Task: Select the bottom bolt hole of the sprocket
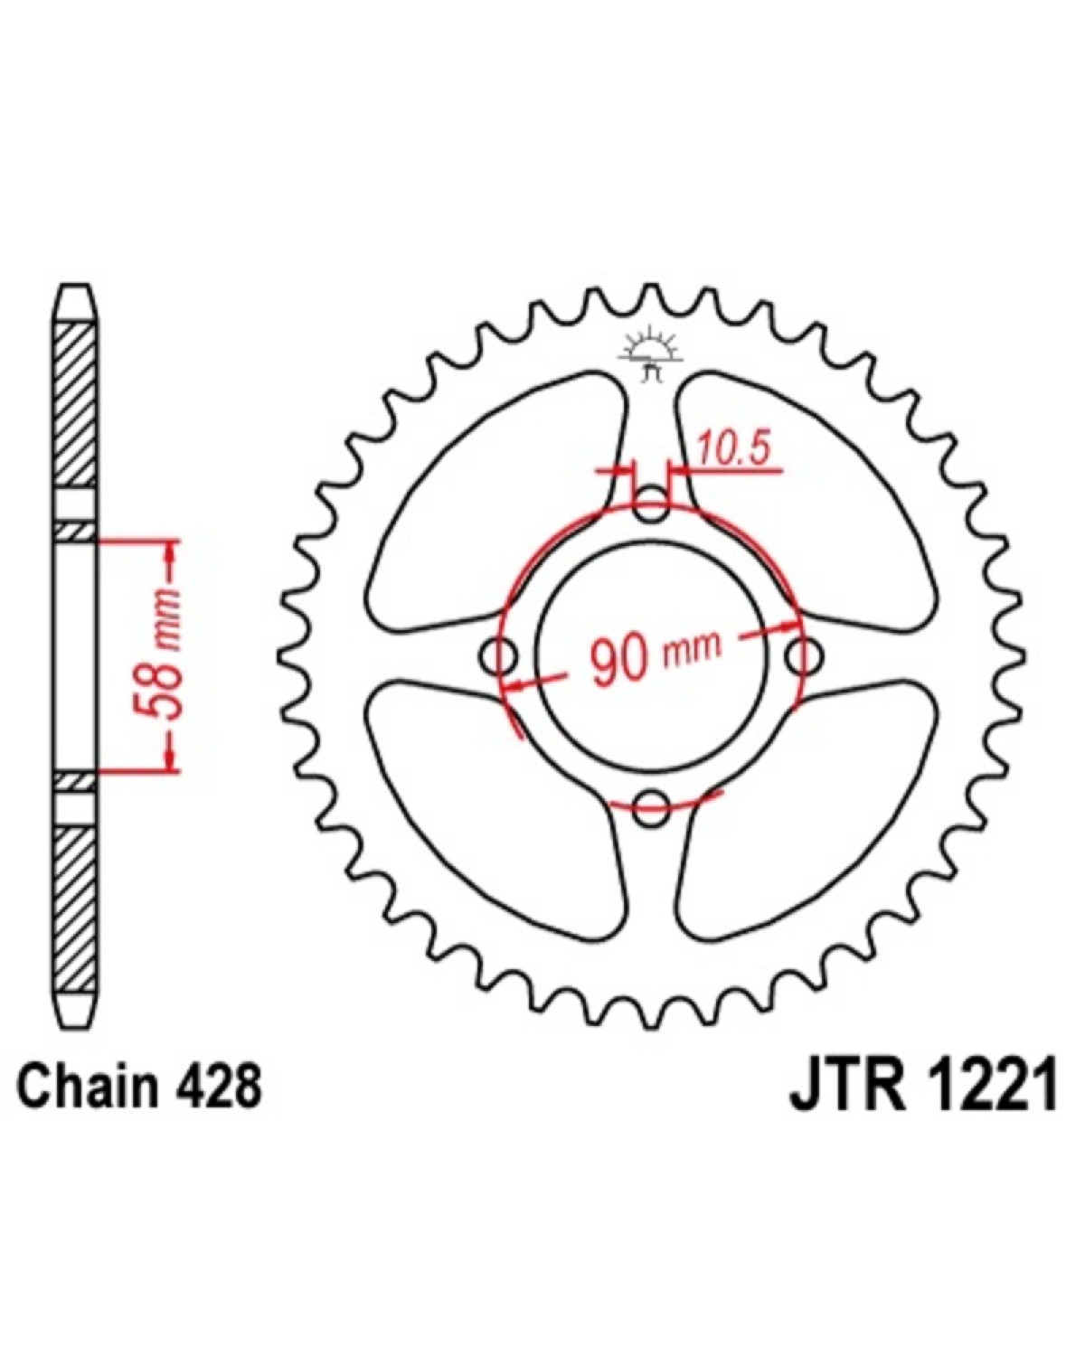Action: [650, 809]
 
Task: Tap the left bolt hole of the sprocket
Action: [499, 656]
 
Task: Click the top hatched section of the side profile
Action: [76, 403]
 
